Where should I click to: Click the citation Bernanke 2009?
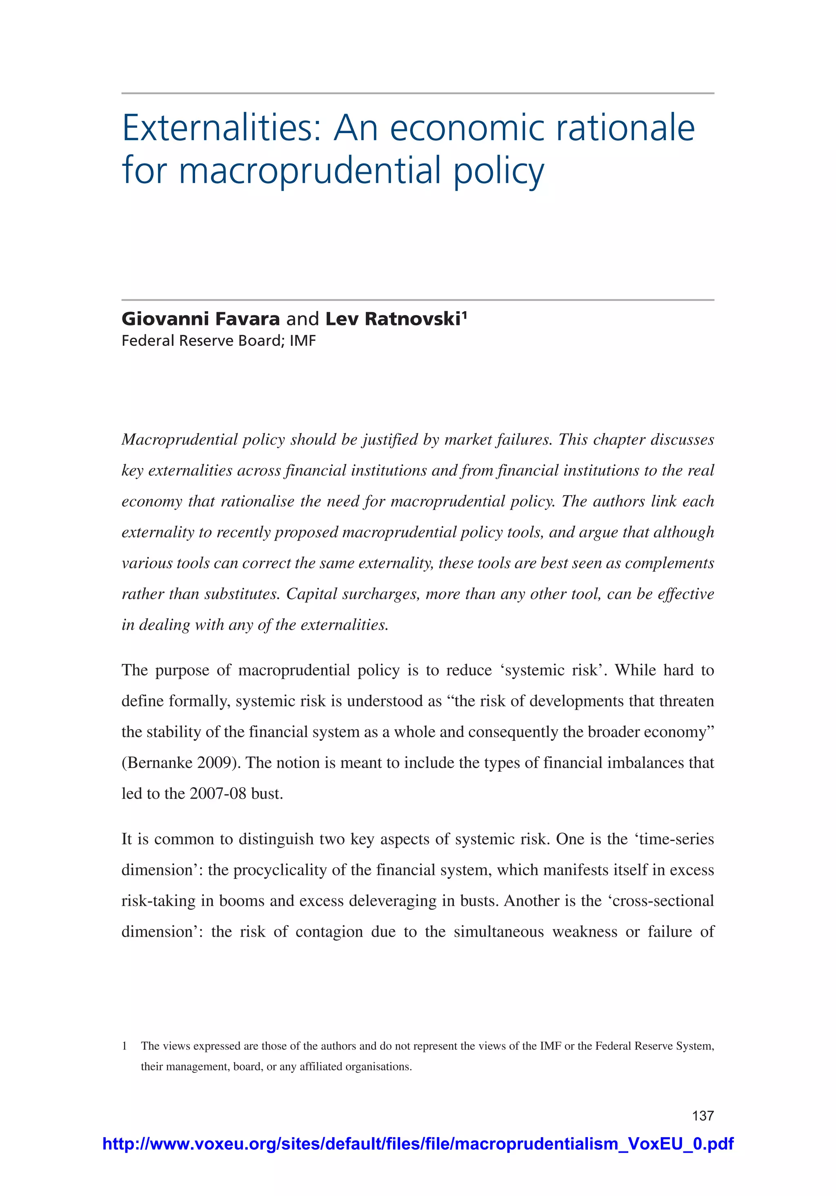tap(177, 763)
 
